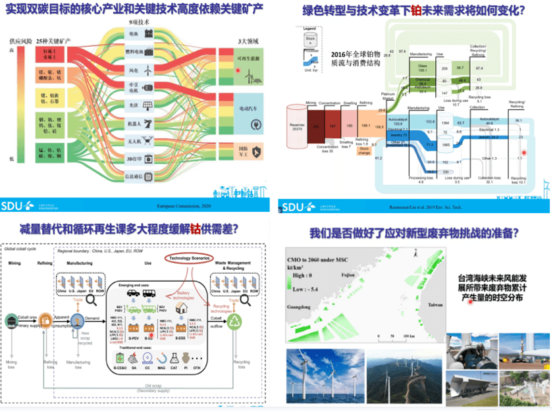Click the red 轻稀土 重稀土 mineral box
(x=49, y=51)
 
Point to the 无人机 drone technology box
(x=141, y=141)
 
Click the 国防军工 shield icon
(x=254, y=153)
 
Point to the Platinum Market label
(x=388, y=97)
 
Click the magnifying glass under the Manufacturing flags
(x=88, y=300)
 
